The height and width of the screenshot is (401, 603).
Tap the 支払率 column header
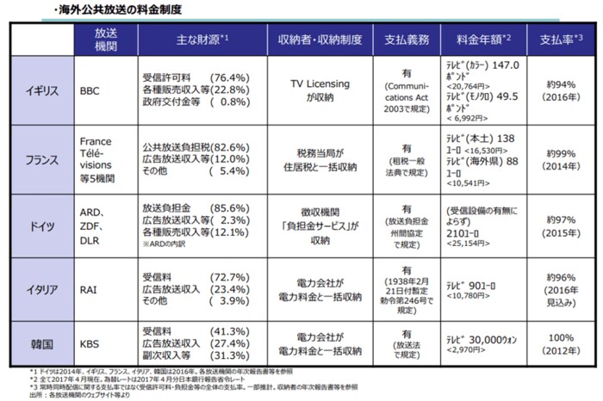pyautogui.click(x=561, y=40)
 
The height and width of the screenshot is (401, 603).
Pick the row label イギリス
pyautogui.click(x=43, y=88)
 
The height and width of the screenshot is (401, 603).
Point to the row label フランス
pyautogui.click(x=43, y=160)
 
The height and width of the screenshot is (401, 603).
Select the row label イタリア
pyautogui.click(x=43, y=289)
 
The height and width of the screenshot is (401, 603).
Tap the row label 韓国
pyautogui.click(x=43, y=343)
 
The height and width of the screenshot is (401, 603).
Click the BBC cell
pyautogui.click(x=90, y=88)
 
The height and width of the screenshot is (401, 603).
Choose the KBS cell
pyautogui.click(x=90, y=343)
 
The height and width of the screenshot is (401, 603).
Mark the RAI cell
pyautogui.click(x=89, y=289)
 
